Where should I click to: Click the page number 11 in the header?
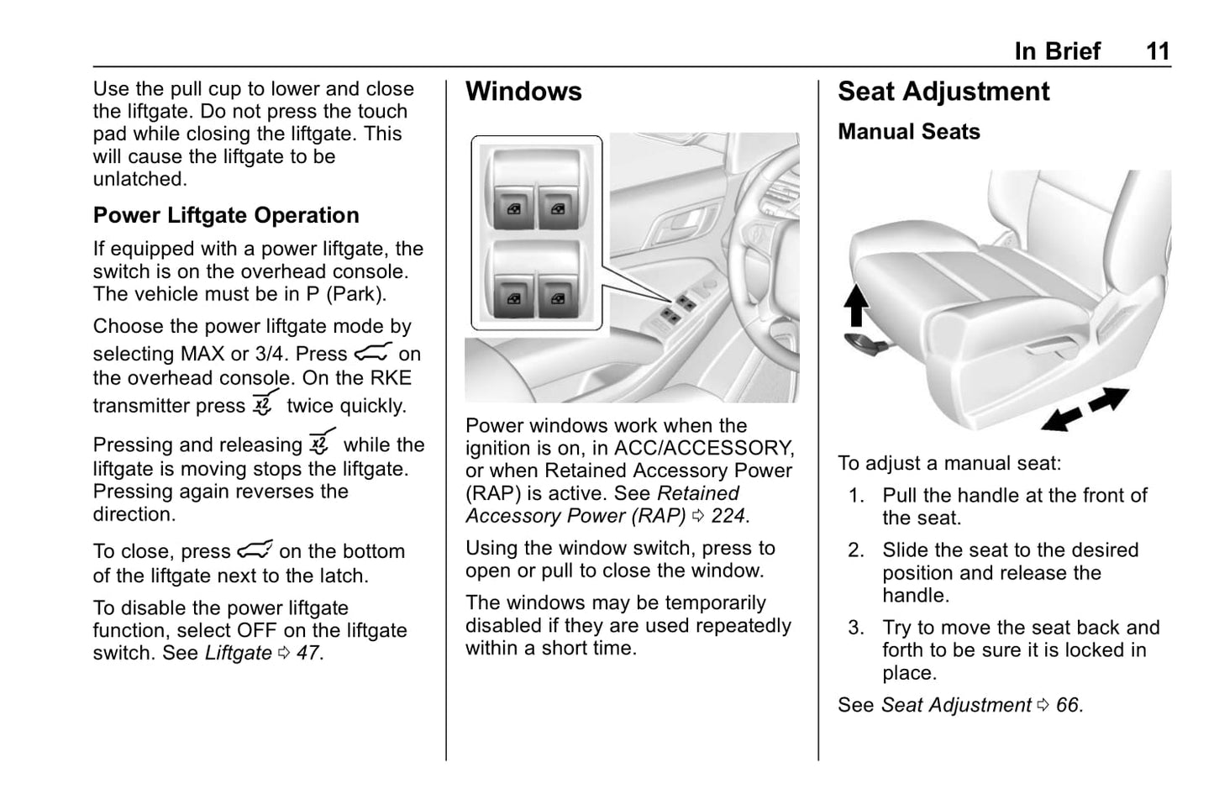[x=1157, y=51]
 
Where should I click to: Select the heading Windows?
[x=523, y=92]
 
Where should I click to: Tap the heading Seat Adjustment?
[x=943, y=92]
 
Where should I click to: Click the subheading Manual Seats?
[x=908, y=132]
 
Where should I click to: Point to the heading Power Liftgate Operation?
[x=226, y=215]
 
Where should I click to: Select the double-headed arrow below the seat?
[x=1085, y=409]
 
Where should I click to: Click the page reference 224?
[x=728, y=516]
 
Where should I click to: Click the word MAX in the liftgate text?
[x=202, y=355]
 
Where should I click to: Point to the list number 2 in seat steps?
[x=856, y=550]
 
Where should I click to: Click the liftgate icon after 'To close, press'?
[x=255, y=550]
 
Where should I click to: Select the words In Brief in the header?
[x=1057, y=51]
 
